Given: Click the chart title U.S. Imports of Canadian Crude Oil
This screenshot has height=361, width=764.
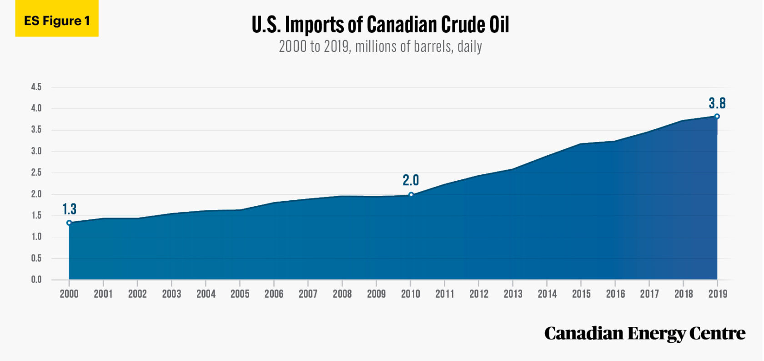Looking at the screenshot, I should click(380, 25).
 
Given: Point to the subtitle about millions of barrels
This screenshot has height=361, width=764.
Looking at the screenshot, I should click(380, 46).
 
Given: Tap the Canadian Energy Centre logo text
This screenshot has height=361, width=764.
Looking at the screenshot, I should click(644, 334).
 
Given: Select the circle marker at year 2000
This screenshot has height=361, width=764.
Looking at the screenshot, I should click(69, 223).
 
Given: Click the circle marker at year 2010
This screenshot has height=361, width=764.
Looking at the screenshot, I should click(411, 195).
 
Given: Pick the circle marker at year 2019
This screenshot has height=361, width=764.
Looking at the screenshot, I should click(717, 117).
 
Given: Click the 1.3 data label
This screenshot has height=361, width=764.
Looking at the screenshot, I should click(69, 209).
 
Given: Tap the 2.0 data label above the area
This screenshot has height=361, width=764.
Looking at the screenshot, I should click(411, 180).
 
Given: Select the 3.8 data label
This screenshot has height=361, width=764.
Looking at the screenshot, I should click(717, 103).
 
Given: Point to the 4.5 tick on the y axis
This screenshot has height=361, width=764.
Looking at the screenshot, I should click(36, 87).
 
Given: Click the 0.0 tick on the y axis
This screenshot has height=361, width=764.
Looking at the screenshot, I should click(36, 280).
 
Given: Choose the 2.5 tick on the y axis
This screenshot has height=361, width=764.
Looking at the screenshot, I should click(36, 173).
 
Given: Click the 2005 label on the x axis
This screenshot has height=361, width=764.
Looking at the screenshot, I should click(240, 294).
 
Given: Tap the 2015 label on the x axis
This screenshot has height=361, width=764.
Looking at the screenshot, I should click(581, 294).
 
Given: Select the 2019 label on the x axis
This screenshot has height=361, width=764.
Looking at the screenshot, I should click(718, 294).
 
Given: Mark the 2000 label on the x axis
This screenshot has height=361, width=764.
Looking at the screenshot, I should click(69, 294).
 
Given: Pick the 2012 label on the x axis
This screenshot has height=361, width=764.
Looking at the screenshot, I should click(479, 294).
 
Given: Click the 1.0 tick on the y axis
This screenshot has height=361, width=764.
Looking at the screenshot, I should click(36, 237).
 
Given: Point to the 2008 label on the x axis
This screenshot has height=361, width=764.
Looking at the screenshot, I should click(342, 294).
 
